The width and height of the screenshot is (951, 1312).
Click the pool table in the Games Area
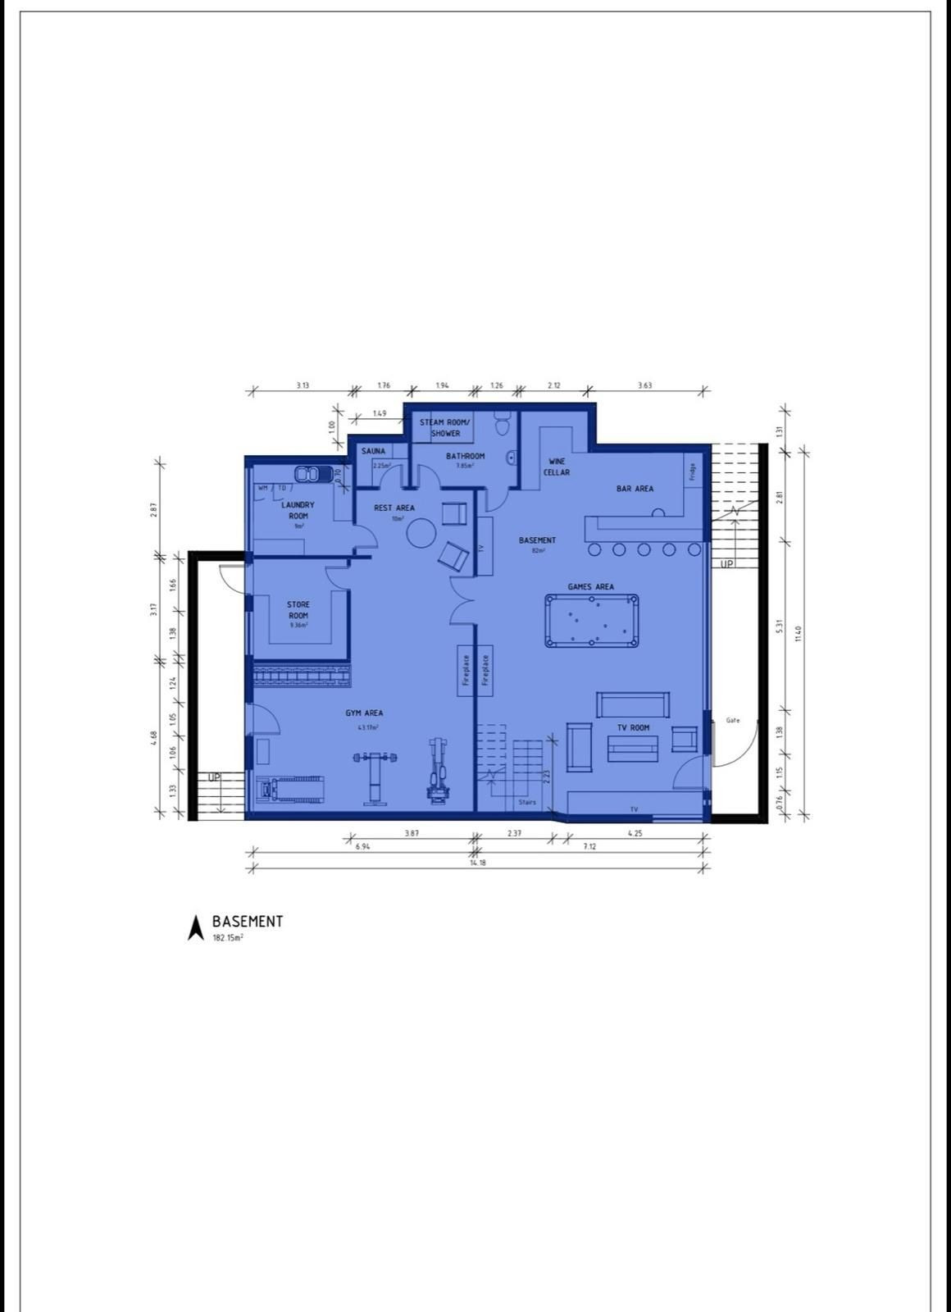point(591,621)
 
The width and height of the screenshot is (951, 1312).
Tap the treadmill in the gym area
point(289,790)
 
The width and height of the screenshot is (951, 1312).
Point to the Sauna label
point(373,451)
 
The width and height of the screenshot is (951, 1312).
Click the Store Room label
point(298,610)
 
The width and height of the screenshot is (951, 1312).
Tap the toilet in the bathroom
point(503,426)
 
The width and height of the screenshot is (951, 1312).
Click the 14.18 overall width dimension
point(477,863)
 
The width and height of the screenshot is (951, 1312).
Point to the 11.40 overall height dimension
point(799,634)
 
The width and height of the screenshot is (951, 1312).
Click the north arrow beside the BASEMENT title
point(196,927)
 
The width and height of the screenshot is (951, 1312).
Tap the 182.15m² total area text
point(228,937)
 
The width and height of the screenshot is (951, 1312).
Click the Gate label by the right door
point(733,720)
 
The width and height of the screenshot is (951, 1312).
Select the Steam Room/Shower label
point(443,427)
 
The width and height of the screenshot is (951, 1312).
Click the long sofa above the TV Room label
point(632,704)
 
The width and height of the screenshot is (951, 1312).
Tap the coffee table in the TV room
point(632,748)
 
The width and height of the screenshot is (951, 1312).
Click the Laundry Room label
point(298,510)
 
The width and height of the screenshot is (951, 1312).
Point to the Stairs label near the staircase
point(527,802)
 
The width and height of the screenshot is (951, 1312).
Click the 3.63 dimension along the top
point(645,385)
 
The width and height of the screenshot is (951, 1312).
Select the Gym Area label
point(364,713)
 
